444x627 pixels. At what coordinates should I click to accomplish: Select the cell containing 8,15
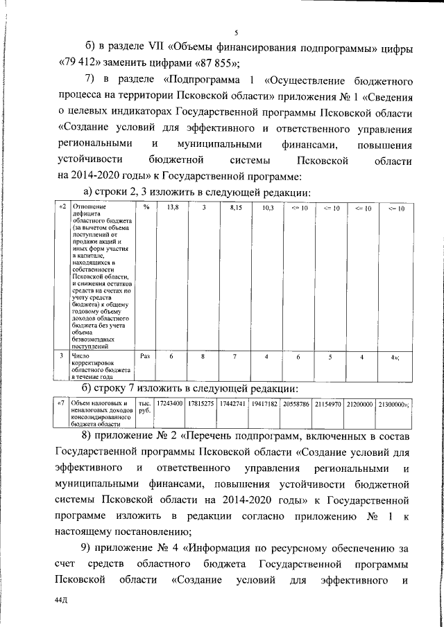[234, 208]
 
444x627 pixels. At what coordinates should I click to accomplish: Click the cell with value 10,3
[268, 208]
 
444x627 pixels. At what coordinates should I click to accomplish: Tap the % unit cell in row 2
[146, 208]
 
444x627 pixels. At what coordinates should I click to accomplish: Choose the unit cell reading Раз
[146, 356]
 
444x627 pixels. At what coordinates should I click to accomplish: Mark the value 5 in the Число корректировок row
[330, 356]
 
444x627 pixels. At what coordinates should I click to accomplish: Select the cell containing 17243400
[170, 403]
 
